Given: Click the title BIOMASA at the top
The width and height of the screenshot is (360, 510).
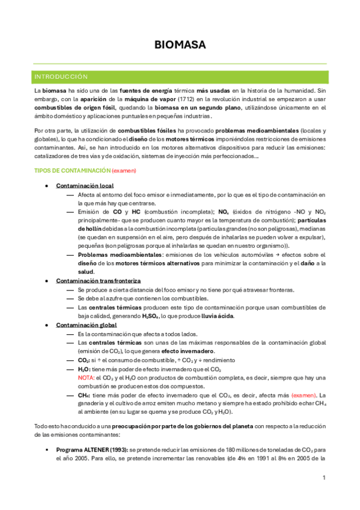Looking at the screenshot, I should [x=180, y=45].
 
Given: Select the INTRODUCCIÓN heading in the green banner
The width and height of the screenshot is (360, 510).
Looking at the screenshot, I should [x=61, y=77].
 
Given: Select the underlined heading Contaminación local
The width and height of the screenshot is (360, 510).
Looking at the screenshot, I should [x=85, y=186].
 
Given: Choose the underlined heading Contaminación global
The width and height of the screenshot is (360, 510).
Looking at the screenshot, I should [x=87, y=325].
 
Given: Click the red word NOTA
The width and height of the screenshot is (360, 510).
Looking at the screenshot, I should [x=86, y=377].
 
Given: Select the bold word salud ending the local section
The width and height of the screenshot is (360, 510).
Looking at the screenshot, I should [x=86, y=272].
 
